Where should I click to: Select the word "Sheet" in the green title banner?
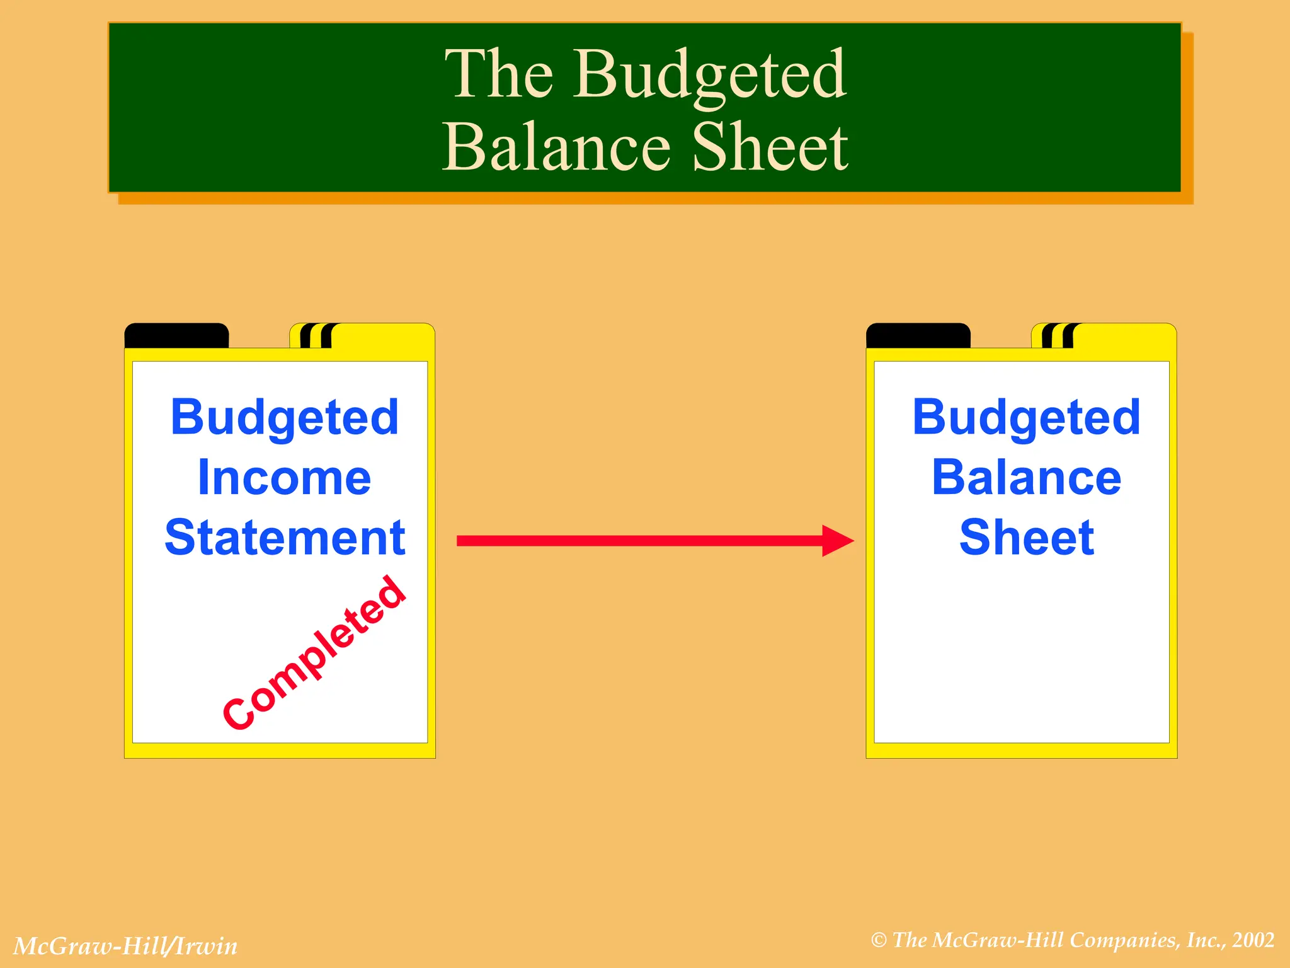click(x=770, y=148)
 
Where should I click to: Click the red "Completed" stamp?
click(x=314, y=653)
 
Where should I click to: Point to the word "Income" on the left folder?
click(x=284, y=478)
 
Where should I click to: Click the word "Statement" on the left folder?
click(x=285, y=538)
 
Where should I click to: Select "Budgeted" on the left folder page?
click(x=285, y=418)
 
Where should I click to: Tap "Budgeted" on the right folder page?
click(x=1026, y=418)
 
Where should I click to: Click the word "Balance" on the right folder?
click(x=1026, y=478)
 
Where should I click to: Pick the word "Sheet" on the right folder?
click(x=1026, y=538)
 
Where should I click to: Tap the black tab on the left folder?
click(x=176, y=335)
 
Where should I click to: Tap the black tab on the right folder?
click(x=918, y=335)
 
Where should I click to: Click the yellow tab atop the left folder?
click(x=381, y=335)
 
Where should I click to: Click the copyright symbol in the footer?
click(x=879, y=940)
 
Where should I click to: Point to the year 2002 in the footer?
click(x=1253, y=940)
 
